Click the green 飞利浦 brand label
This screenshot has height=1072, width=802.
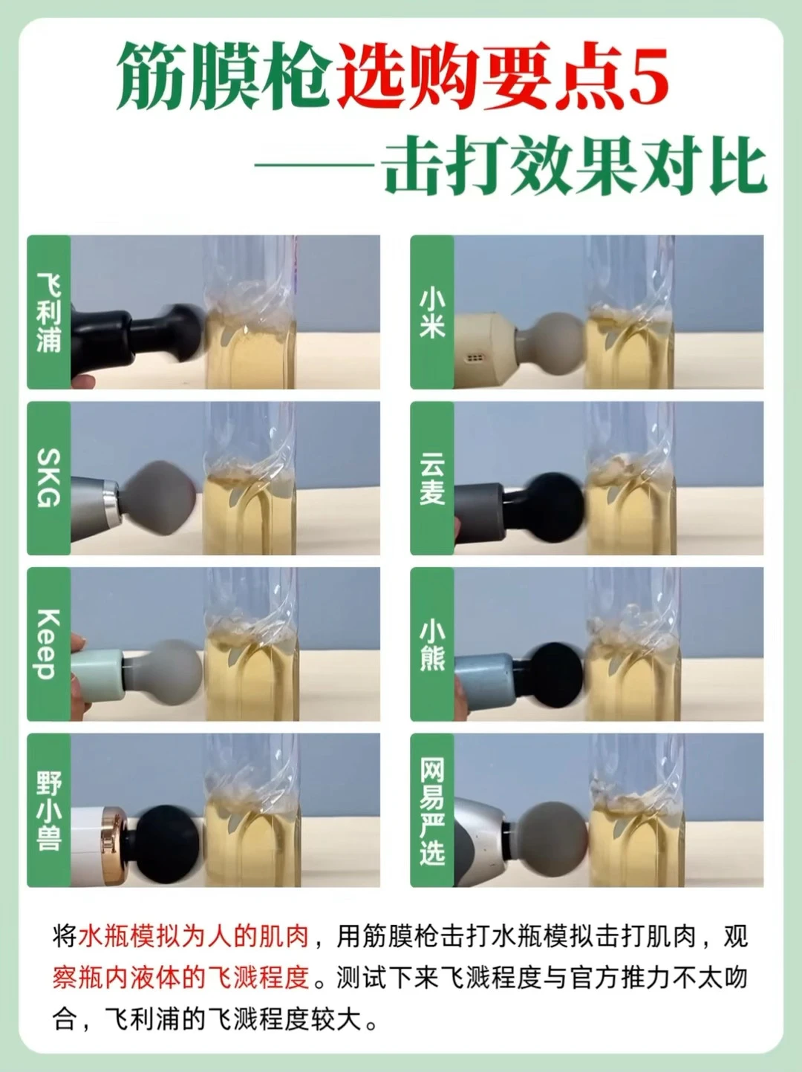tap(49, 312)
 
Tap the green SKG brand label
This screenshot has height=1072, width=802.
tap(49, 478)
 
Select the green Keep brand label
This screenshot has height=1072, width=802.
tap(49, 644)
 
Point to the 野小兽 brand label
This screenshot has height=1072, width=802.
tap(49, 811)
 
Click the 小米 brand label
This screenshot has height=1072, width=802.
tap(432, 312)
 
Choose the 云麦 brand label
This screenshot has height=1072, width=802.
tap(432, 478)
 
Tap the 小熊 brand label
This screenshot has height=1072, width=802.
tap(432, 644)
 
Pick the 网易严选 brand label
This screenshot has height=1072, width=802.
tap(432, 811)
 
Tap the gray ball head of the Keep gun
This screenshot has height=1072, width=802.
tap(173, 672)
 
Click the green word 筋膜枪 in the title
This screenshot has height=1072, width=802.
tap(222, 76)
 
